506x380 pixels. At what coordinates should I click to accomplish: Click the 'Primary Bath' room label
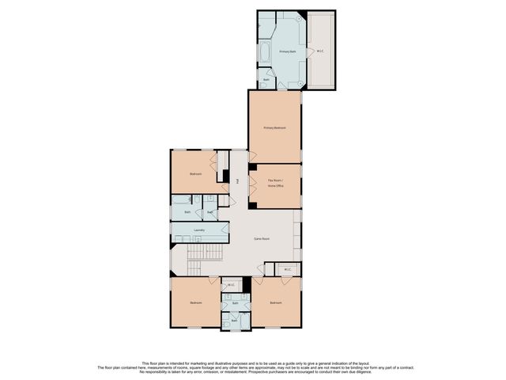[287, 51]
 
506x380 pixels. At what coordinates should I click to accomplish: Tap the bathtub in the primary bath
[265, 53]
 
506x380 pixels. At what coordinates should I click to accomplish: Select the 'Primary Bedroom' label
[274, 127]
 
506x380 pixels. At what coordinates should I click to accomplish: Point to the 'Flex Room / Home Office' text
[274, 183]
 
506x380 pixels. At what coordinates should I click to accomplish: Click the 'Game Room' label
[262, 237]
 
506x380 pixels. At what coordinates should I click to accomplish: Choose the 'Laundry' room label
[188, 230]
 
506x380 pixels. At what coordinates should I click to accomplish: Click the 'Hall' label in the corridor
[237, 181]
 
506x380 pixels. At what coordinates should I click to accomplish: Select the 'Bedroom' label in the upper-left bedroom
[194, 173]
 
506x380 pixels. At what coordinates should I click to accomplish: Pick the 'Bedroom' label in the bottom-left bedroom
[194, 302]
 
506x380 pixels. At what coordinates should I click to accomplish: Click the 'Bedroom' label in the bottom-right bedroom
[274, 302]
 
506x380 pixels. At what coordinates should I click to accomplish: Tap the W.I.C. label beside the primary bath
[319, 51]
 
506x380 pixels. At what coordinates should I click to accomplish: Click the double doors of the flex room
[252, 185]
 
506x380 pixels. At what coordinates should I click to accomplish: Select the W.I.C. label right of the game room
[288, 269]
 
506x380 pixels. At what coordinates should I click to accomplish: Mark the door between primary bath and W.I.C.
[308, 51]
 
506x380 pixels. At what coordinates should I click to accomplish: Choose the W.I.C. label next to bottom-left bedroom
[230, 285]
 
